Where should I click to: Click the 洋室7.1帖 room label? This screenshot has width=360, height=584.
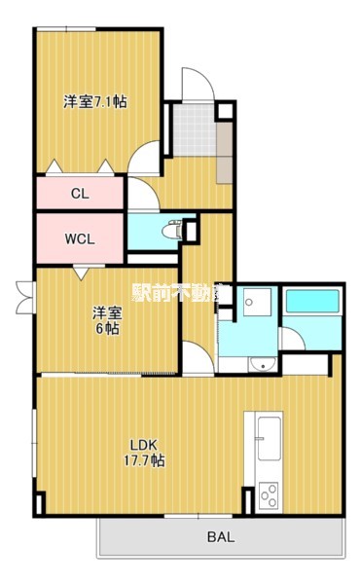tap(95, 101)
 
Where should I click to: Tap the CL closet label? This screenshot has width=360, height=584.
tap(80, 194)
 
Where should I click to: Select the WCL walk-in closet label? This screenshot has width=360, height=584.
tap(80, 238)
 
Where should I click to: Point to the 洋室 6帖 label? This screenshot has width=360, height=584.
tap(107, 320)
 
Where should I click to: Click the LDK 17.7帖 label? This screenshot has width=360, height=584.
tap(144, 453)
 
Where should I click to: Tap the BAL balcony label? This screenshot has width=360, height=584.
tap(221, 536)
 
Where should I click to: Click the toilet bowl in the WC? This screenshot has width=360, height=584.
tap(171, 231)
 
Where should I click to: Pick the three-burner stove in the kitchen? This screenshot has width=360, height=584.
tap(269, 495)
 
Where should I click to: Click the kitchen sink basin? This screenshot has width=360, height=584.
tap(269, 438)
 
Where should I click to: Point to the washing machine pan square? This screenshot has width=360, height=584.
tap(257, 302)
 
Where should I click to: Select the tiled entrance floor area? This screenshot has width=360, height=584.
tap(195, 129)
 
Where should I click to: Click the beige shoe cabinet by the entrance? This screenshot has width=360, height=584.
tap(225, 152)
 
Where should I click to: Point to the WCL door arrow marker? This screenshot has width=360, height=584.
tap(81, 273)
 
